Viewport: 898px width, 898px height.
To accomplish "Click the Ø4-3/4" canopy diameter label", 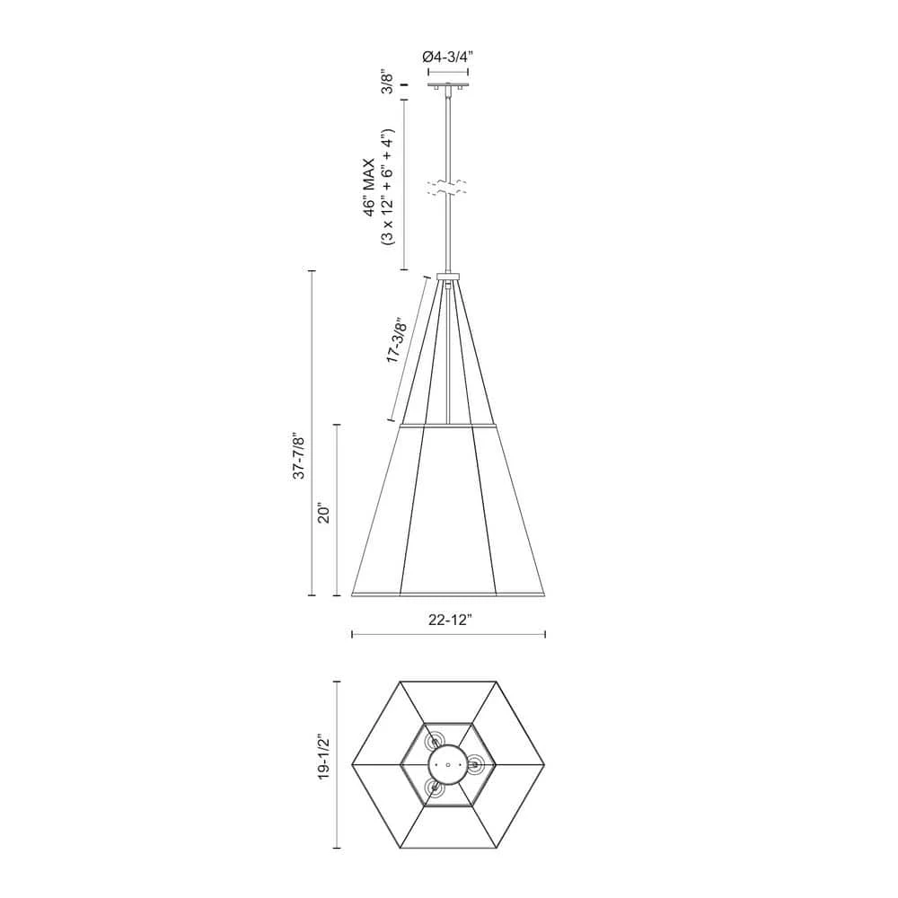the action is pos(448,57).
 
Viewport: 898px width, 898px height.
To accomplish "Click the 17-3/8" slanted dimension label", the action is pos(396,340).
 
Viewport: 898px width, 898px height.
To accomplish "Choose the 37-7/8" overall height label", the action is pos(298,456).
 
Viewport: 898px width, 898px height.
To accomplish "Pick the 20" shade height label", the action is pos(323,514).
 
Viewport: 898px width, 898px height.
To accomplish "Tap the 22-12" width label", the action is pos(450,620).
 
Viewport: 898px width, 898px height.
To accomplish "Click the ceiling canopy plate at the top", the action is pos(448,87).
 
